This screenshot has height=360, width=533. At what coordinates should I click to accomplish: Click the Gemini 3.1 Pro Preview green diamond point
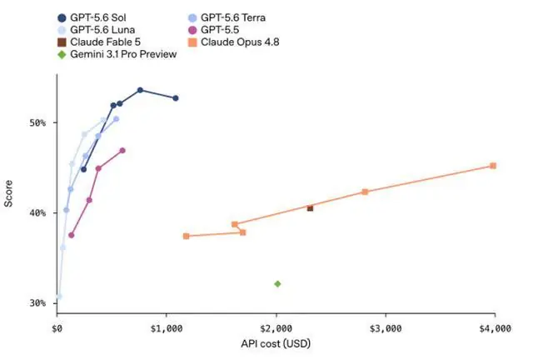(x=277, y=284)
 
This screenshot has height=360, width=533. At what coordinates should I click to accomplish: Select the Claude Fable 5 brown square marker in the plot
(x=310, y=208)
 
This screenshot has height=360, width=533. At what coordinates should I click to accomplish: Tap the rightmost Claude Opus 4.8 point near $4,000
(x=493, y=166)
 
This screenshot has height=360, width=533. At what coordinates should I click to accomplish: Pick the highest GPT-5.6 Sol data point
(x=140, y=90)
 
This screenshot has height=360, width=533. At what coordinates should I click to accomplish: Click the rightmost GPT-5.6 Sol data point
(x=176, y=98)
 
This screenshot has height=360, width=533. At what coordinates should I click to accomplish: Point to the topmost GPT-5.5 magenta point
(x=122, y=150)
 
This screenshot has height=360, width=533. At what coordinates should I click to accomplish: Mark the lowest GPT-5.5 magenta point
(x=71, y=235)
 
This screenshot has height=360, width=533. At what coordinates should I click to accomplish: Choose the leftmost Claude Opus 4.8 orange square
(x=186, y=236)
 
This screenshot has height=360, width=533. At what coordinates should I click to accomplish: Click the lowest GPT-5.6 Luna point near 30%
(x=59, y=297)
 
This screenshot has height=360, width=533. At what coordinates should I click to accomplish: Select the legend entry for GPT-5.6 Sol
(x=92, y=17)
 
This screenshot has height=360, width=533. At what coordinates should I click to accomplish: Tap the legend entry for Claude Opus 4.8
(x=233, y=42)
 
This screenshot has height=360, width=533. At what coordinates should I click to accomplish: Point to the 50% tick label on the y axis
(x=37, y=122)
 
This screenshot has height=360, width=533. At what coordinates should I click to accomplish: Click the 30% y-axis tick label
(x=37, y=303)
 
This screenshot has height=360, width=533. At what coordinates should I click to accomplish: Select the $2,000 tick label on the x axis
(x=276, y=328)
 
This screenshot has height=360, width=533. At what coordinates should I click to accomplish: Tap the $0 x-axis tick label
(x=57, y=328)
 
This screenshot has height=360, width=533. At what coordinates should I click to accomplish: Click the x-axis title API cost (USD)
(x=276, y=343)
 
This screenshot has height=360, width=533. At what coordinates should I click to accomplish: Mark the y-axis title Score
(x=8, y=193)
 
